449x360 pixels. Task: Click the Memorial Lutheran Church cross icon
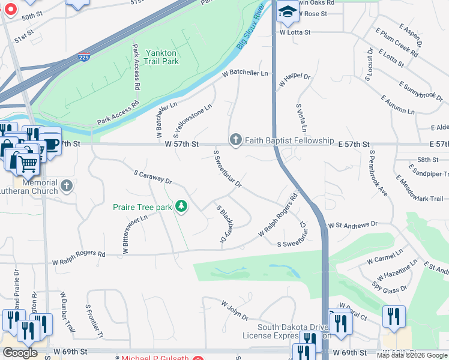coord(66,187)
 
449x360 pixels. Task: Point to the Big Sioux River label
coord(250,28)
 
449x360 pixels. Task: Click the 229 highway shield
coord(85,58)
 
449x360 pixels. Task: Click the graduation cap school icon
coord(288,12)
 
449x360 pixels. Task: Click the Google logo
coord(20,353)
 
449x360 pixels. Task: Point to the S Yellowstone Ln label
coord(193,119)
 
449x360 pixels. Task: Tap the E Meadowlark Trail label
coord(419,190)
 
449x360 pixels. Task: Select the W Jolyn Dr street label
coord(235,311)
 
